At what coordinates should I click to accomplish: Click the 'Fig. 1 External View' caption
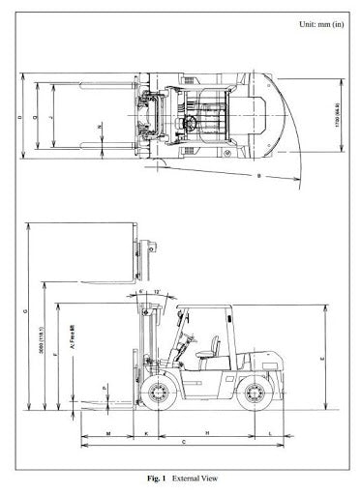tap(181, 478)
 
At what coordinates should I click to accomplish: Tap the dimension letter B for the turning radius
tap(258, 176)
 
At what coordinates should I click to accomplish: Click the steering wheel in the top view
tap(194, 122)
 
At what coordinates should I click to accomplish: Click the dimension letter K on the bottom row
tap(145, 431)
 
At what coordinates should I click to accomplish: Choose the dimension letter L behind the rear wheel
tap(268, 431)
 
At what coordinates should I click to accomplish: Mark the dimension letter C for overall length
tap(184, 442)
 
